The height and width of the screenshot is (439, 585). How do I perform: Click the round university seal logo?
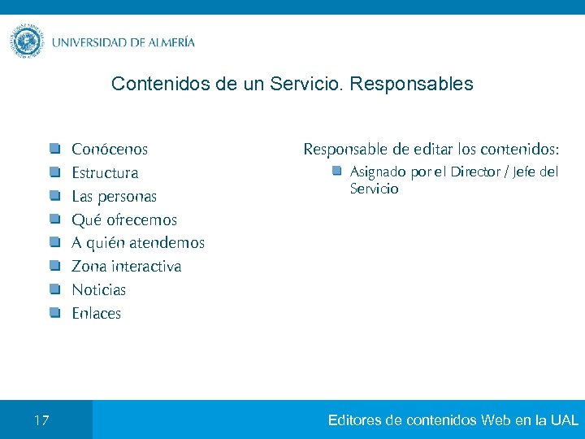click(x=28, y=41)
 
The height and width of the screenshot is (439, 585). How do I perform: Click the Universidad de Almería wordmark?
click(x=123, y=42)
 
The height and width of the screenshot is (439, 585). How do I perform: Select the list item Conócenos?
click(x=110, y=150)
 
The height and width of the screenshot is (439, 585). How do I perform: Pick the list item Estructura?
click(x=105, y=173)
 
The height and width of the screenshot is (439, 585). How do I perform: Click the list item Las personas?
click(x=114, y=197)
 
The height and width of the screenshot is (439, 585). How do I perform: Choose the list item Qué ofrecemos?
click(x=123, y=220)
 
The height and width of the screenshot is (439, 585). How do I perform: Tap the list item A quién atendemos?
click(x=138, y=243)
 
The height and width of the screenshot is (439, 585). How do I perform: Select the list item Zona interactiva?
click(x=126, y=267)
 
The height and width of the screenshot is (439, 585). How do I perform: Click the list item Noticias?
click(x=98, y=290)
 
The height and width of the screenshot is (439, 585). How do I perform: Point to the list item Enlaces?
click(x=96, y=314)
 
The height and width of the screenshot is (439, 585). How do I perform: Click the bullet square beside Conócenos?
click(x=54, y=149)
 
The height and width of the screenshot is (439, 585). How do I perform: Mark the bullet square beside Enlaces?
click(x=54, y=313)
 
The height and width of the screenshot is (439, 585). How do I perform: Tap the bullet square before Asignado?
click(x=336, y=172)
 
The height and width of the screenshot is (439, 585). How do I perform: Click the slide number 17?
click(x=41, y=420)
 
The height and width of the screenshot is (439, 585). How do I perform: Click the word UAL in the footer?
click(x=564, y=420)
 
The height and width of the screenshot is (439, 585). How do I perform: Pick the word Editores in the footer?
click(x=355, y=420)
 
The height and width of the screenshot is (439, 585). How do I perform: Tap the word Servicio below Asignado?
click(x=374, y=189)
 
